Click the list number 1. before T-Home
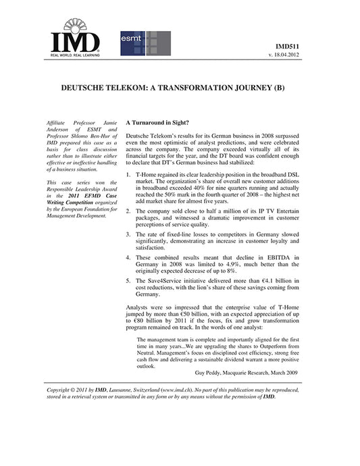coord(128,174)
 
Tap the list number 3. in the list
coord(128,234)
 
